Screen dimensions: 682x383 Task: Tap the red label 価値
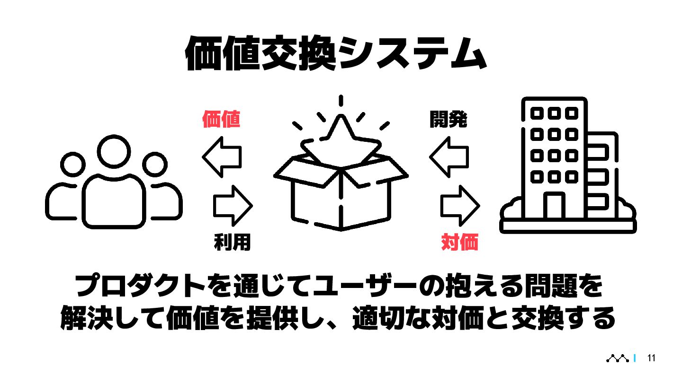coord(221,119)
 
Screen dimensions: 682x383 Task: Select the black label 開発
coord(448,119)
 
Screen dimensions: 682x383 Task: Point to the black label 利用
coord(232,243)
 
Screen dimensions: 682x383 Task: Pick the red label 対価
coord(459,243)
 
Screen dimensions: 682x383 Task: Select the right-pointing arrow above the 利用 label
coord(233,205)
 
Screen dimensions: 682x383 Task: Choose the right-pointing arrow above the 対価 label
coord(460,205)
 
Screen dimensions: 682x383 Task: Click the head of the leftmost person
coord(73,165)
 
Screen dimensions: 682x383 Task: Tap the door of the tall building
coord(554,205)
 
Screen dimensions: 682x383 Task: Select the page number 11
coord(651,358)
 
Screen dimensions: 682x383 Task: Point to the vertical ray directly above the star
coord(341,101)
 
